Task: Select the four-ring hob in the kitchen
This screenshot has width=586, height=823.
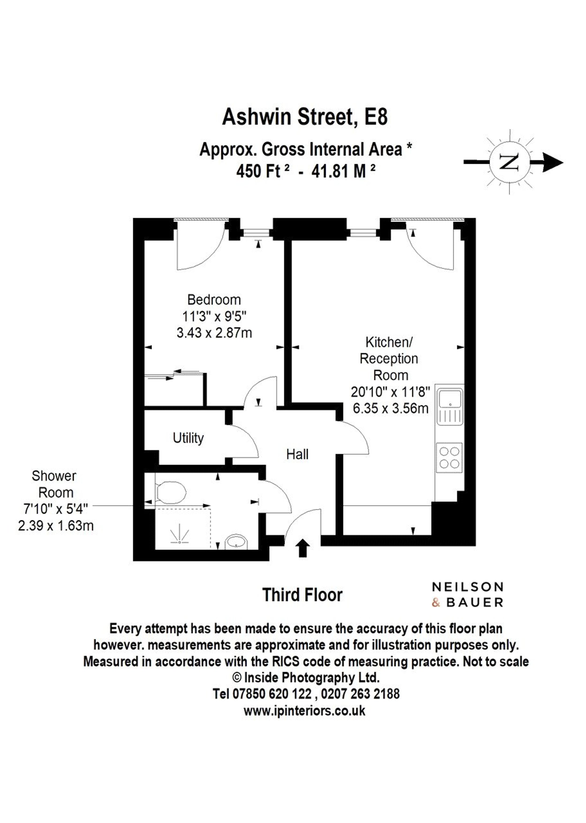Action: (449, 457)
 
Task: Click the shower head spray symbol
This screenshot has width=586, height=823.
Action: (180, 535)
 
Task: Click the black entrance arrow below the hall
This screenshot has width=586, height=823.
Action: (303, 548)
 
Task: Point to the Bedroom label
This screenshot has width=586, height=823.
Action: (214, 300)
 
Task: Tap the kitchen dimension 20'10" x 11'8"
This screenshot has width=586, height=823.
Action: (391, 392)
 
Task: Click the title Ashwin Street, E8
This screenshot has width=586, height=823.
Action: (305, 117)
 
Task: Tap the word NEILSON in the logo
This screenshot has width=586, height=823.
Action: (467, 587)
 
